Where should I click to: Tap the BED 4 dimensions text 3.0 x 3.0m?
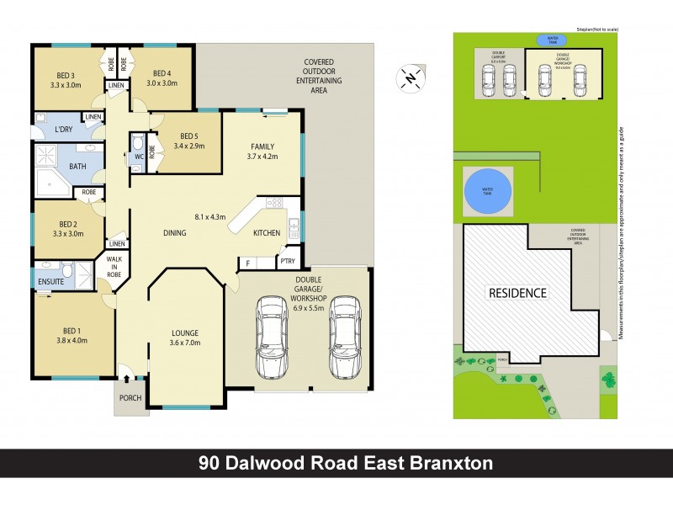coord(162,83)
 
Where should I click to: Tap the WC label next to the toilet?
coord(139,157)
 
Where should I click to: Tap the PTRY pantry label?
coord(288,262)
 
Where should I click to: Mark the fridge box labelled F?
coord(248,263)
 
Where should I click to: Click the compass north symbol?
coord(410,78)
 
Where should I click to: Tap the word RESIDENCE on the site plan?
coord(515,293)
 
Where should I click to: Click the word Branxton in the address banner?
coord(445,463)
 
